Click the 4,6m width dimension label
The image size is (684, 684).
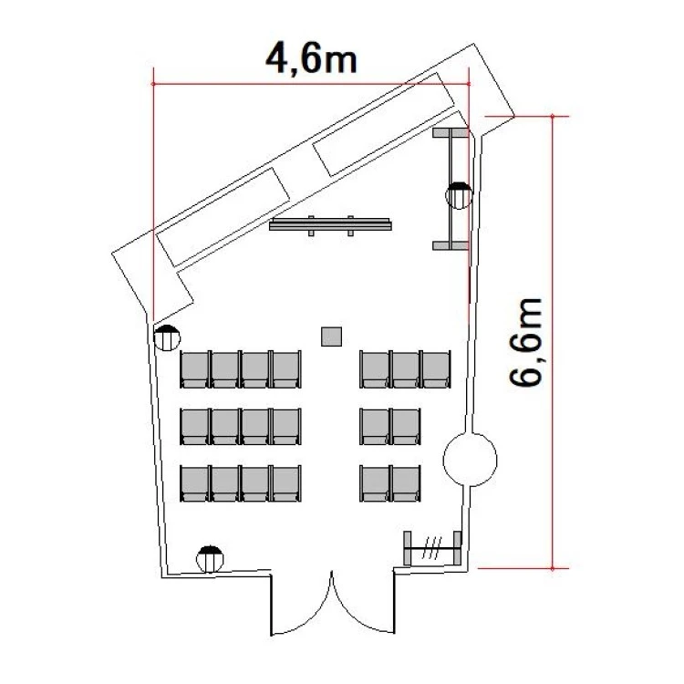coord(311,58)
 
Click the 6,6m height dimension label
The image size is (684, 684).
coord(525,342)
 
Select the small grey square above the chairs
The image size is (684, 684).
coord(331,337)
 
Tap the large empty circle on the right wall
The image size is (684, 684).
coord(470,460)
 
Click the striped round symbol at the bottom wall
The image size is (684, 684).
coord(210,559)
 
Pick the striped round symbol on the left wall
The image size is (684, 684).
coord(167,337)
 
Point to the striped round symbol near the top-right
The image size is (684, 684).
coord(459,195)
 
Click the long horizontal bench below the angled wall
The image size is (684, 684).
coord(330,224)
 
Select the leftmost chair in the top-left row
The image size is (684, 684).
coord(195,369)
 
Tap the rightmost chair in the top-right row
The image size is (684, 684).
coord(436,369)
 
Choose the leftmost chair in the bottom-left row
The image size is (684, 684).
coord(195,483)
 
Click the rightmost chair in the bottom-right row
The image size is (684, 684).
coord(406,483)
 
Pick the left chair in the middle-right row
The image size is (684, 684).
coord(375,426)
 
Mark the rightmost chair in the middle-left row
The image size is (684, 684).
coord(286,426)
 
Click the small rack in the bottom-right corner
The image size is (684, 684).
coord(432,548)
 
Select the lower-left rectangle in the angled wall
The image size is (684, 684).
coord(223,217)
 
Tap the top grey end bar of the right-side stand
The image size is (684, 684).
coord(451,132)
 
